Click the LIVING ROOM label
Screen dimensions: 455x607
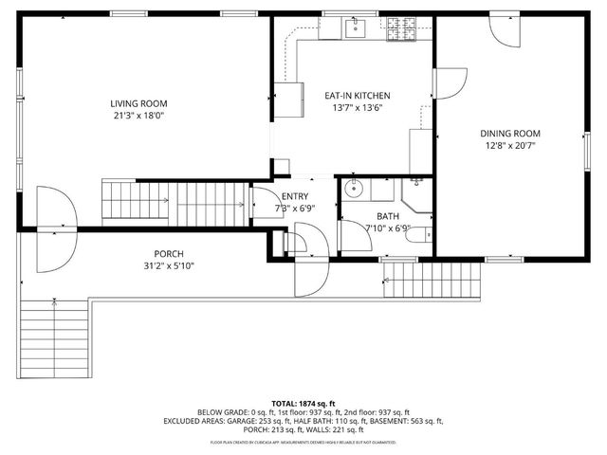(x=138, y=103)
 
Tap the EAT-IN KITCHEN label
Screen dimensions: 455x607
(x=358, y=96)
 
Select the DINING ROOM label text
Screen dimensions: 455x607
(x=509, y=134)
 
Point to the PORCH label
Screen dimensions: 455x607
(x=169, y=253)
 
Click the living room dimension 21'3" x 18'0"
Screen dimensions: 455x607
(x=138, y=116)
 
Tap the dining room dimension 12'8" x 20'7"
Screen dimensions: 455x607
(x=509, y=146)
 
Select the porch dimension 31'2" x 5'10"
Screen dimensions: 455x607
(x=169, y=265)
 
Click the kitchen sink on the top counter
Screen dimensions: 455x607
(x=355, y=28)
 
